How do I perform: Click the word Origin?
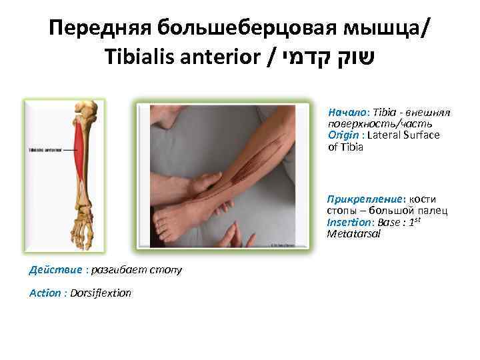341,135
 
